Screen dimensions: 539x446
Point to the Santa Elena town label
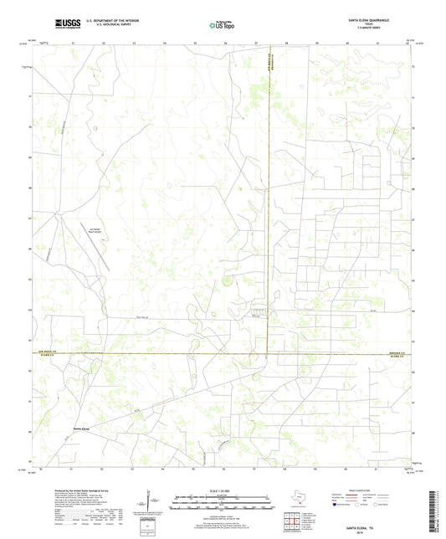81,429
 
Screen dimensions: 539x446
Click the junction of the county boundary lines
268,354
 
